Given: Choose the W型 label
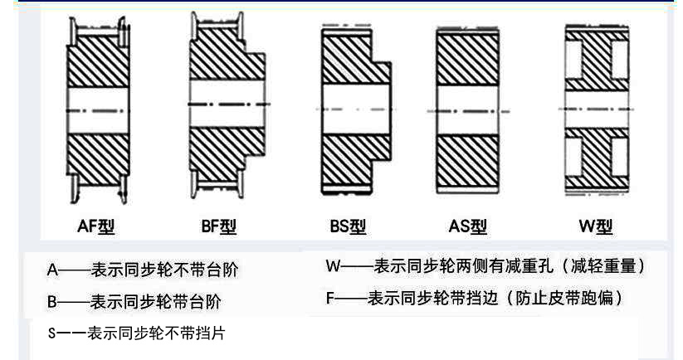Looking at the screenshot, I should [x=595, y=226].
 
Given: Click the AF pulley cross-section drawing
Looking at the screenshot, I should [x=98, y=108].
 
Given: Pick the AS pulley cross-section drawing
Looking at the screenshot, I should [x=467, y=108].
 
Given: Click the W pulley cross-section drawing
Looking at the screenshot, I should [x=596, y=108].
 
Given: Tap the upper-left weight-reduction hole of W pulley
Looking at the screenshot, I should [x=572, y=61].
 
